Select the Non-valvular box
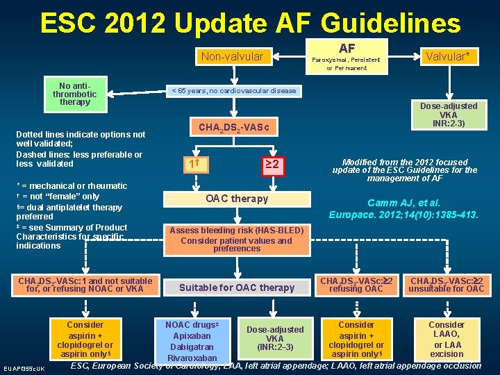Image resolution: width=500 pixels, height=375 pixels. click(232, 56)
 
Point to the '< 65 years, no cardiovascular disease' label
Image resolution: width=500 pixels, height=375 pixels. click(233, 91)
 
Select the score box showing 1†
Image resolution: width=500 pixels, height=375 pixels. click(195, 165)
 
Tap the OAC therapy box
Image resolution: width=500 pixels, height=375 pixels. click(237, 199)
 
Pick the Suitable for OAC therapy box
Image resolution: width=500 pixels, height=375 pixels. click(237, 287)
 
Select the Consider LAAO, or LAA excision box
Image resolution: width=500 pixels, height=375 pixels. click(447, 339)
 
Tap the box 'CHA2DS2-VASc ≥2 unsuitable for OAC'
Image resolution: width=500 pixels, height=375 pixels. click(447, 285)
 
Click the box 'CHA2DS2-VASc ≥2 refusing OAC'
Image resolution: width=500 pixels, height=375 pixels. click(356, 285)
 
